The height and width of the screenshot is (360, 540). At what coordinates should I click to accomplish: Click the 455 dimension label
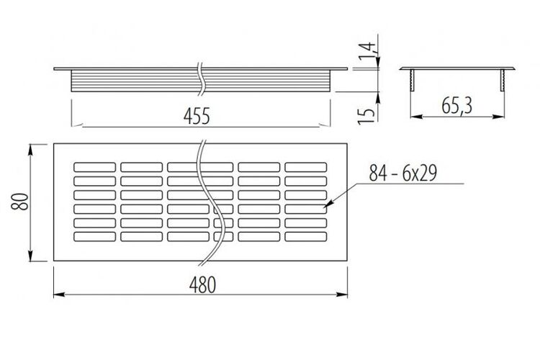tap(197, 116)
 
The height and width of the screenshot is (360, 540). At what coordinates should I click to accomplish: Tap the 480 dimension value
tap(202, 285)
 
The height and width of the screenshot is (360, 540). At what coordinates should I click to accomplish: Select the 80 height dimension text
tap(19, 202)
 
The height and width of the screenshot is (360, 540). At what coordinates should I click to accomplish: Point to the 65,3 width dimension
tap(456, 105)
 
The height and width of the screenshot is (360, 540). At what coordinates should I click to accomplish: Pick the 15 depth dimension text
tap(366, 116)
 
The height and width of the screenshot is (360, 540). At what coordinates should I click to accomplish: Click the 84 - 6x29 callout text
tap(403, 173)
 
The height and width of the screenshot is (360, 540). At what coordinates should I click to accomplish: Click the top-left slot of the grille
tap(95, 167)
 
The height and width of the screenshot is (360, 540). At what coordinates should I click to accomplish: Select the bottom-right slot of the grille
tap(306, 237)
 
